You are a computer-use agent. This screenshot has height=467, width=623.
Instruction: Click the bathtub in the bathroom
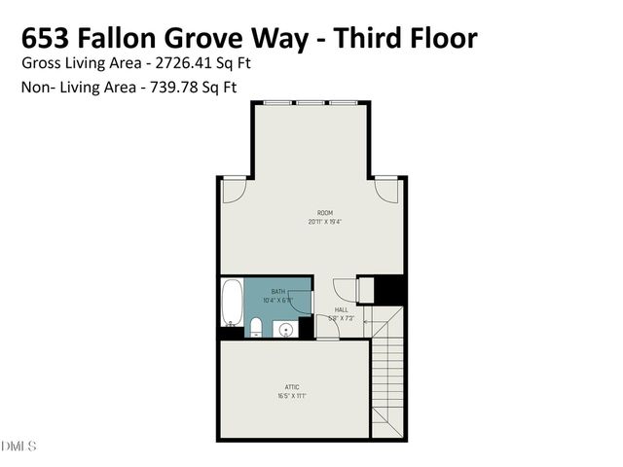point(233,304)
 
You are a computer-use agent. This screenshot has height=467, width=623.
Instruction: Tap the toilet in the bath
point(255,326)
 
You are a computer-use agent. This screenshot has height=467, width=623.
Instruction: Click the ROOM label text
point(324,212)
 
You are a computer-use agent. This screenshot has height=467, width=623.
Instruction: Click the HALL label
point(341,309)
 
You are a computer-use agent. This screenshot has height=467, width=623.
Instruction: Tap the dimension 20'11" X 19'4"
point(324,221)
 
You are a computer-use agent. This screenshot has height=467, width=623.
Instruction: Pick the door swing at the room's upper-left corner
point(233,192)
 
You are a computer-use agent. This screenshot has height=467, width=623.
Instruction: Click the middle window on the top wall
point(311,101)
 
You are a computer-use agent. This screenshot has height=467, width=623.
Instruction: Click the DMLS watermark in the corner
point(18,447)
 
